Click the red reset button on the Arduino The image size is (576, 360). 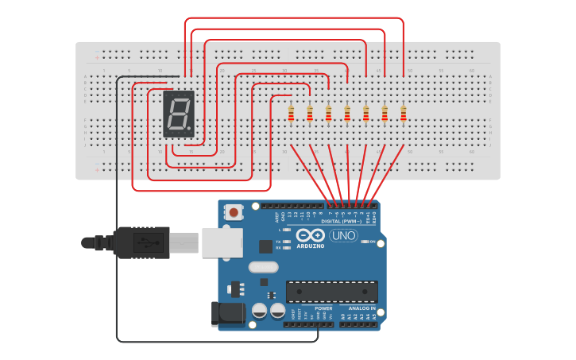tap(234, 212)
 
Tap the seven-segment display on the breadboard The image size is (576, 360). tap(179, 114)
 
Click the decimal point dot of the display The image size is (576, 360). tap(189, 128)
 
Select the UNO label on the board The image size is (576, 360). tap(343, 235)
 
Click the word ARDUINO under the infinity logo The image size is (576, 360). tap(311, 246)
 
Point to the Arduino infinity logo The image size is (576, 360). tap(311, 235)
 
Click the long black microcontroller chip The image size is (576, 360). tap(331, 292)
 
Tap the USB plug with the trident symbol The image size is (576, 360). tap(143, 242)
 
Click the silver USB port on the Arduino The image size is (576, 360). tap(222, 242)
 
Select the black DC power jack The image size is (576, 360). tap(230, 313)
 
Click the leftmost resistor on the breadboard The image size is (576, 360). tap(291, 114)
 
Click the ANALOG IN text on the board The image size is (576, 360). tap(361, 308)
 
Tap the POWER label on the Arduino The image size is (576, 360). tap(323, 308)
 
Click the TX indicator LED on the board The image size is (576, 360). tap(286, 241)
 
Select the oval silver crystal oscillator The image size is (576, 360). tap(263, 267)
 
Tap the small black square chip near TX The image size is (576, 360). tap(265, 246)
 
